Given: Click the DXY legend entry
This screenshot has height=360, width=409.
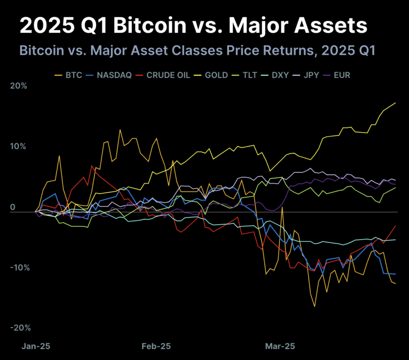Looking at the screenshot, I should point(281,75).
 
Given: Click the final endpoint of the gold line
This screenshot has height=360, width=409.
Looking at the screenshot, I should point(396,103).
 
